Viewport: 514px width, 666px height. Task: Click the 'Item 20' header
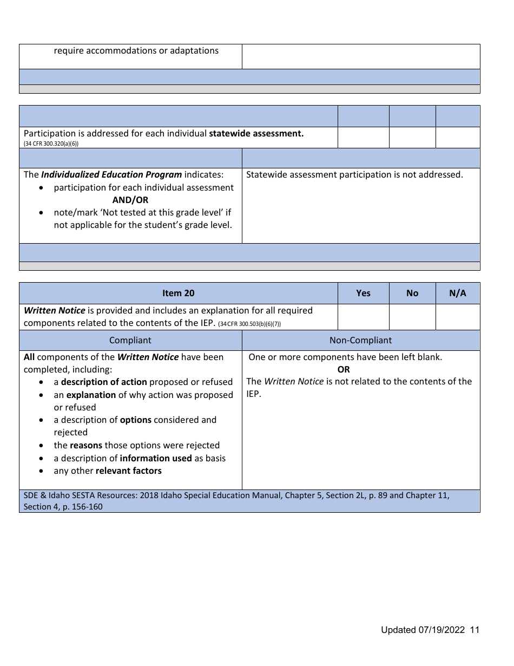[x=178, y=293]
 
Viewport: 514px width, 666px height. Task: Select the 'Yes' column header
[x=363, y=293]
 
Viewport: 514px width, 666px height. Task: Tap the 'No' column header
[x=412, y=293]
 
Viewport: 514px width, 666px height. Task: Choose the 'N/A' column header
[x=457, y=293]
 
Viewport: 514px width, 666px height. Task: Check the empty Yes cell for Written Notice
[x=363, y=317]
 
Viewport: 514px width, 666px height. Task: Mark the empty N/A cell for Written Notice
[x=457, y=317]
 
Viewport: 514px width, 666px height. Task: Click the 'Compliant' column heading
[x=130, y=340]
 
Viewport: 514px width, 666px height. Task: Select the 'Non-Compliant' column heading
[x=360, y=340]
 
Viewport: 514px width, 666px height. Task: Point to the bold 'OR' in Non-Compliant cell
[x=344, y=369]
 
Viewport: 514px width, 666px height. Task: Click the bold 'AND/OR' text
[x=130, y=200]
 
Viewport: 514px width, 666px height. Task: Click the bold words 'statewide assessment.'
[x=256, y=133]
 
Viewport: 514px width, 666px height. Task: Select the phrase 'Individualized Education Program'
[x=111, y=174]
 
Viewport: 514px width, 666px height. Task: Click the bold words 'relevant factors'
[x=129, y=471]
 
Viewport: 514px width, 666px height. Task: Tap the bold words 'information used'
[x=156, y=458]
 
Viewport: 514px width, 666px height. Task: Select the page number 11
[x=475, y=630]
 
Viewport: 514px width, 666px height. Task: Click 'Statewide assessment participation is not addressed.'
[x=354, y=174]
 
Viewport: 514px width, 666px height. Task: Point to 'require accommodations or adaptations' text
[x=136, y=50]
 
